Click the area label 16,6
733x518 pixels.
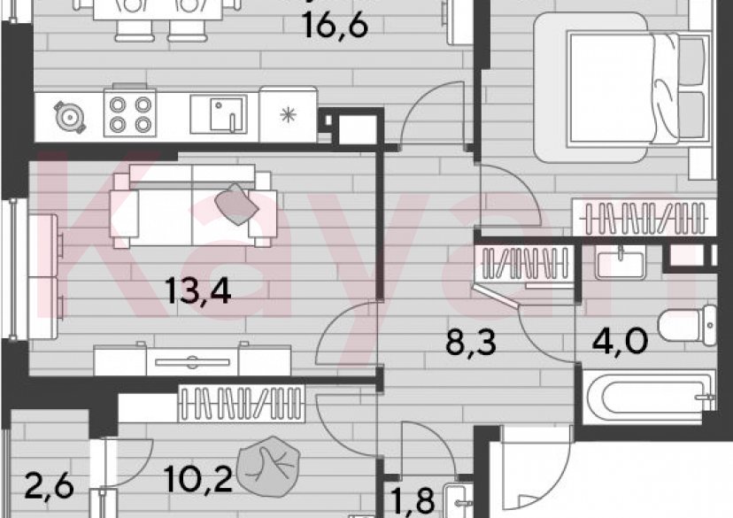tap(334, 25)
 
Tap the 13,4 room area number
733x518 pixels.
tap(199, 290)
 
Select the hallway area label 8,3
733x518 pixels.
tap(470, 340)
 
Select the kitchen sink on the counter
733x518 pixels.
tap(221, 113)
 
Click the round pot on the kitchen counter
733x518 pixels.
tap(68, 115)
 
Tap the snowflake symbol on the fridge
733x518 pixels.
tap(287, 113)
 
